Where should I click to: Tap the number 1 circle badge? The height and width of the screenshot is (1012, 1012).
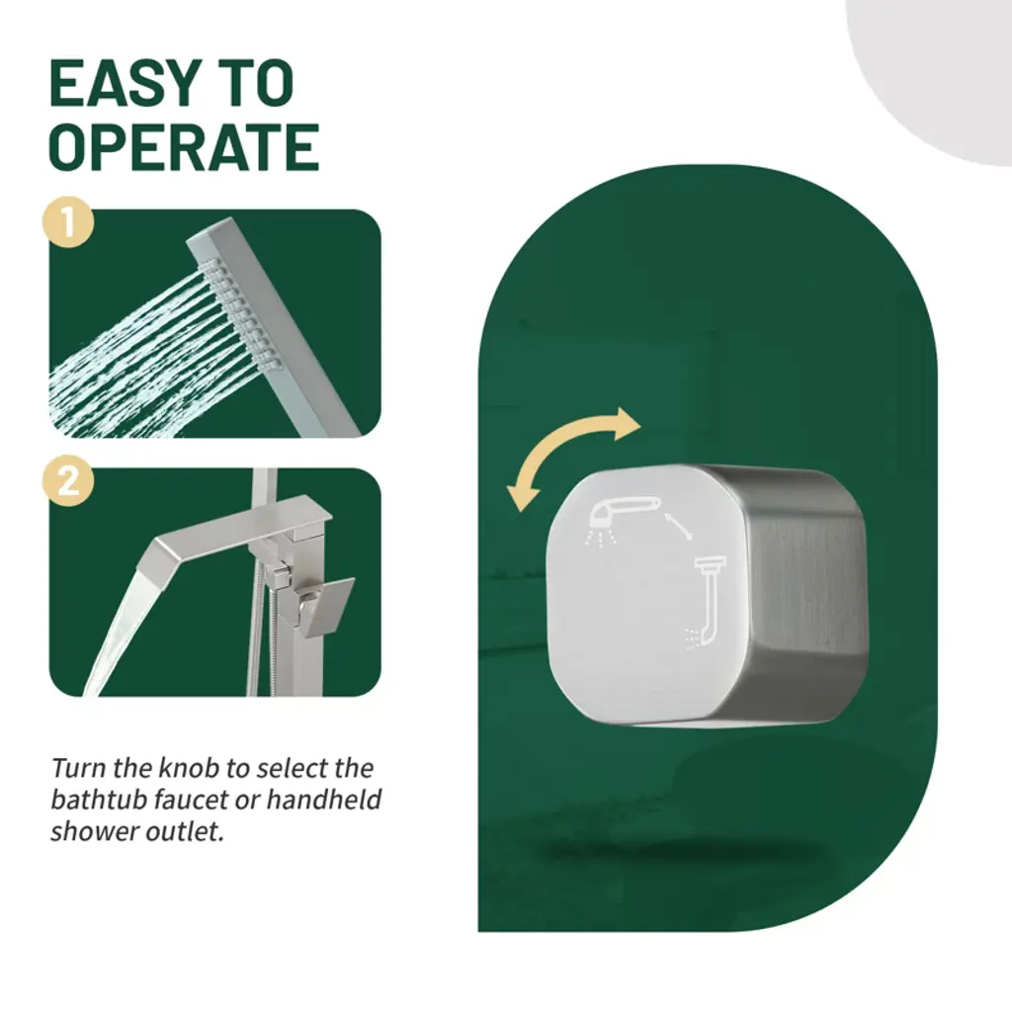tap(68, 222)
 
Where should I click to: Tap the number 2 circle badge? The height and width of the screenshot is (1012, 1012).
tap(68, 481)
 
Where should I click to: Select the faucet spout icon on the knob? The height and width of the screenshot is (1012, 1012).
tap(706, 600)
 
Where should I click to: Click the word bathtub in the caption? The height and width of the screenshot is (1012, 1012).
tap(98, 800)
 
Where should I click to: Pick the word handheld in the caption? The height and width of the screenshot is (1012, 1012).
tap(324, 800)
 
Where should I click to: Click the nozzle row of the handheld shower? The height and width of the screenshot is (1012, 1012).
tap(241, 314)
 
